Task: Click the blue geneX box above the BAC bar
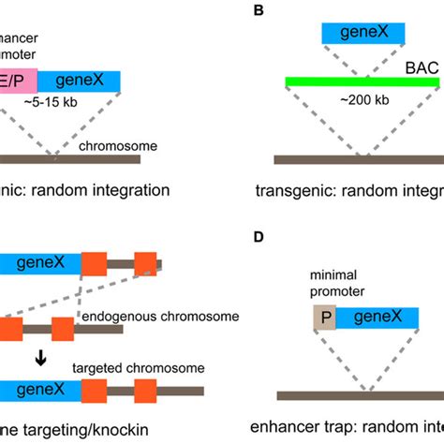[363, 34]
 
